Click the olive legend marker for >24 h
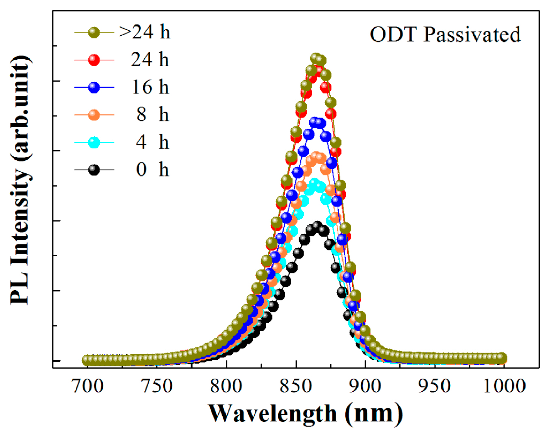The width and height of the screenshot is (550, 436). click(94, 32)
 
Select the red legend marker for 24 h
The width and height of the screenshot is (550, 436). click(94, 60)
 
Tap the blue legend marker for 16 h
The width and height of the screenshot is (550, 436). click(94, 87)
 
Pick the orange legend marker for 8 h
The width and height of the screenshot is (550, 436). click(94, 115)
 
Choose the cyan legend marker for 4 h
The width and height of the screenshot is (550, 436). click(94, 142)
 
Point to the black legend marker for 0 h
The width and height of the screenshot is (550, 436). click(94, 170)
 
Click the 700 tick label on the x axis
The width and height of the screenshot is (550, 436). click(88, 386)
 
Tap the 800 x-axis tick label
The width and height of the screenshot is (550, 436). click(227, 386)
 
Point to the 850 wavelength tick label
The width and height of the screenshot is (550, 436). click(296, 386)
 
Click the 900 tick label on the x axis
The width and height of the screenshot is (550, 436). click(365, 386)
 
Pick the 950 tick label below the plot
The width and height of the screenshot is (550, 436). click(434, 386)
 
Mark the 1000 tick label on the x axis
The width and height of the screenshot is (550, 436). click(504, 386)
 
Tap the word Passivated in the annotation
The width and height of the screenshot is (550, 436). click(472, 34)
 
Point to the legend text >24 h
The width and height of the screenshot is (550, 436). click(145, 32)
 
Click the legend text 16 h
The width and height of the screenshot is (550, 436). click(150, 87)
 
